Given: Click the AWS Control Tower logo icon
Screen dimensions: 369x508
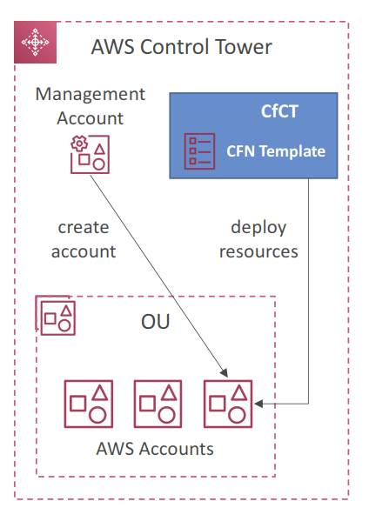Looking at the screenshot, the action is click(36, 42).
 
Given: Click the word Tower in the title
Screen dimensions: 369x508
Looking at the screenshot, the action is click(243, 47).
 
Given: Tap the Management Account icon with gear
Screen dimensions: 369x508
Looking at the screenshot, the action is click(91, 155).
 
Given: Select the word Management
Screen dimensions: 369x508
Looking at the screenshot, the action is click(91, 94).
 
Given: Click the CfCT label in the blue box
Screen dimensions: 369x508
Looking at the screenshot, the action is click(279, 111).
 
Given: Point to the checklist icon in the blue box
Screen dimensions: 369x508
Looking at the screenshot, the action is click(199, 151).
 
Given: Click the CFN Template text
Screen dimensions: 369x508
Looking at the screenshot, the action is click(276, 151).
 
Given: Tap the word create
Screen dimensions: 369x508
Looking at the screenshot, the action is click(84, 227).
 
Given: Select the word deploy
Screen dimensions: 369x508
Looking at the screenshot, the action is click(258, 228).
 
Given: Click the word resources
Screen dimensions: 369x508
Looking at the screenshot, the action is click(258, 251).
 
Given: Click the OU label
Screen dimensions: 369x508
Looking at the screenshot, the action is click(155, 321).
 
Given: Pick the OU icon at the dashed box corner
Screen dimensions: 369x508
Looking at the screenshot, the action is click(56, 315).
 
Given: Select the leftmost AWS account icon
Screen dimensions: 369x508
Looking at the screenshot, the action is click(89, 404).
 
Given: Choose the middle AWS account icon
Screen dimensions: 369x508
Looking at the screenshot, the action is click(158, 404).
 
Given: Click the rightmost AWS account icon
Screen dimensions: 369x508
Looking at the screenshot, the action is click(228, 404).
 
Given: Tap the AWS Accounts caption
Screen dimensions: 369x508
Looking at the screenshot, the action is click(155, 449).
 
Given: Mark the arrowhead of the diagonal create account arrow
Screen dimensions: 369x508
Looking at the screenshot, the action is click(225, 372).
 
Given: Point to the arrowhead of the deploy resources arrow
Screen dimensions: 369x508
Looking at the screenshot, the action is click(258, 404).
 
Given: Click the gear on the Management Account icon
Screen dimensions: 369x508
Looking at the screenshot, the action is click(79, 144).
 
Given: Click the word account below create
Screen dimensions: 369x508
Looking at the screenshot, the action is click(84, 251).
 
